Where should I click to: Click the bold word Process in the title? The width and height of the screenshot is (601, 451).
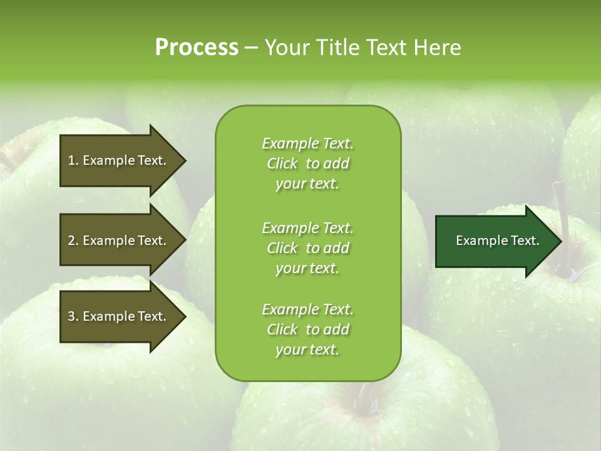tap(197, 48)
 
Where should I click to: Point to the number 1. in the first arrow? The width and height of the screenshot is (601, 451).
tap(73, 160)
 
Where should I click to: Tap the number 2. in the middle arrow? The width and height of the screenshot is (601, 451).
tap(73, 241)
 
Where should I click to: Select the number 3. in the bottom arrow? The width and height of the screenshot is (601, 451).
tap(73, 316)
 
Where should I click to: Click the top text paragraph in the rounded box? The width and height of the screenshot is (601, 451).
tap(307, 163)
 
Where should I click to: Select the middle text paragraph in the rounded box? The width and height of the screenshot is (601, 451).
tap(307, 248)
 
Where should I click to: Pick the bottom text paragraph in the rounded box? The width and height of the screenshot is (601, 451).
tap(307, 329)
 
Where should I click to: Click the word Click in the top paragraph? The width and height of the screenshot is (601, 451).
tap(282, 163)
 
